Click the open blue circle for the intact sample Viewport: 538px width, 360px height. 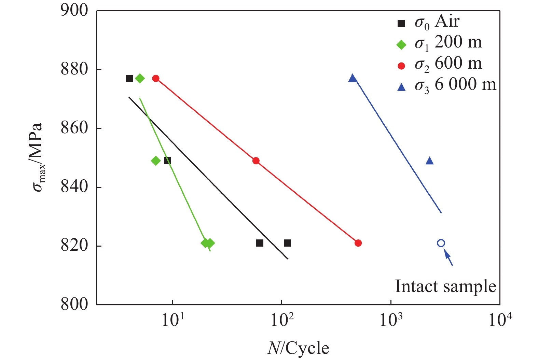pyautogui.click(x=441, y=243)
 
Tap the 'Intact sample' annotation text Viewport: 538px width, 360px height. pyautogui.click(x=445, y=286)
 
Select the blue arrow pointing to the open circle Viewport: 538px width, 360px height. pyautogui.click(x=448, y=258)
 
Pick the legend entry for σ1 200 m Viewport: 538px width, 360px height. pyautogui.click(x=440, y=43)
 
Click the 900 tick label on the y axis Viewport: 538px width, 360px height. pyautogui.click(x=74, y=11)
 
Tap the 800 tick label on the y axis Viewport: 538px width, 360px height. pyautogui.click(x=74, y=304)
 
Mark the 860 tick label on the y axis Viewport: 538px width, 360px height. pyautogui.click(x=74, y=128)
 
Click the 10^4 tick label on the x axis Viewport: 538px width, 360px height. pyautogui.click(x=500, y=320)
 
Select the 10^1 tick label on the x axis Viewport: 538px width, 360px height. pyautogui.click(x=173, y=320)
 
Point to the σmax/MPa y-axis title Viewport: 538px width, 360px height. pyautogui.click(x=38, y=157)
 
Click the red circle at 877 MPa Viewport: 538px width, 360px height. pyautogui.click(x=156, y=79)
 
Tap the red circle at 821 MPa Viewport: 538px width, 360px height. pyautogui.click(x=358, y=243)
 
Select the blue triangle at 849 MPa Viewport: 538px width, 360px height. pyautogui.click(x=430, y=161)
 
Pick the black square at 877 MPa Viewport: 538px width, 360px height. pyautogui.click(x=129, y=79)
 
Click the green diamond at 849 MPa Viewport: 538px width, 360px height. pyautogui.click(x=156, y=161)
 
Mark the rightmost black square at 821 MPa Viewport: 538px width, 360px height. pyautogui.click(x=288, y=243)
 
